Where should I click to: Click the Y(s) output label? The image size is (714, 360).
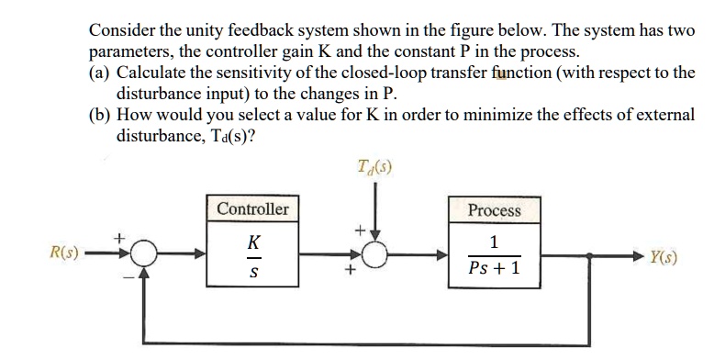click(x=666, y=257)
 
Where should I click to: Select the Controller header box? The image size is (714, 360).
click(x=252, y=209)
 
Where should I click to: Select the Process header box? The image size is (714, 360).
click(x=494, y=210)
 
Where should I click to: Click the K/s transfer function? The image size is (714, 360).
click(x=253, y=258)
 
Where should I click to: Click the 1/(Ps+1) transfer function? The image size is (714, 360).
click(x=494, y=258)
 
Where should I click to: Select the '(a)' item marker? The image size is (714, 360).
click(x=100, y=73)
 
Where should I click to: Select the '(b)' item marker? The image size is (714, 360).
click(x=100, y=116)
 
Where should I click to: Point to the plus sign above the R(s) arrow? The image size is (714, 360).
click(x=117, y=236)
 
